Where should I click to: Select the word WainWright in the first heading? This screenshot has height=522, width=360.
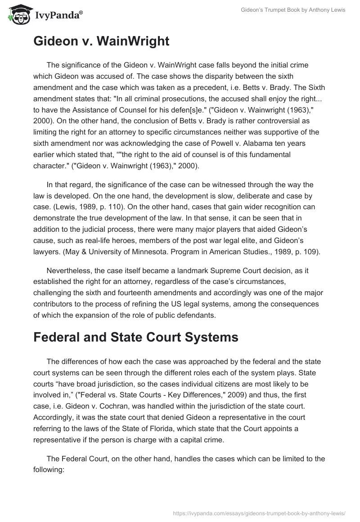(134, 41)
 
